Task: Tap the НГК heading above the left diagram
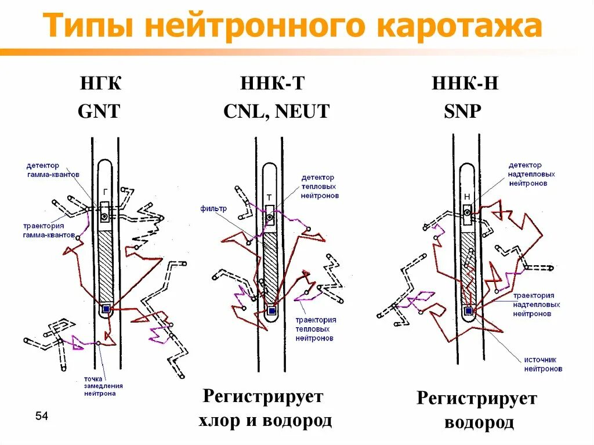[x=101, y=84]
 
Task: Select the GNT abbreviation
[x=99, y=111]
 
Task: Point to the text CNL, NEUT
[x=276, y=111]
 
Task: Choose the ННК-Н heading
[x=465, y=84]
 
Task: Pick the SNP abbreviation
[x=463, y=111]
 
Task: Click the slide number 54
[x=41, y=415]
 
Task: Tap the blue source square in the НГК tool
[x=106, y=310]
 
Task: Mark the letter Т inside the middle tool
[x=269, y=197]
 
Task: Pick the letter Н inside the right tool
[x=467, y=197]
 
